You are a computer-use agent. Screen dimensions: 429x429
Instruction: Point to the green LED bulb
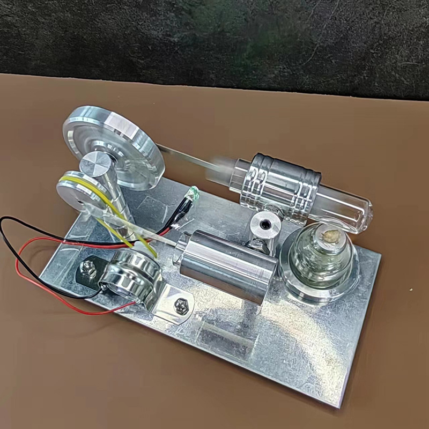(194, 191)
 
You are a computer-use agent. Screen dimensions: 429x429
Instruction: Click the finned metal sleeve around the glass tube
(282, 185)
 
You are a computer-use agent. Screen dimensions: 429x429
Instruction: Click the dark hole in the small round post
(265, 220)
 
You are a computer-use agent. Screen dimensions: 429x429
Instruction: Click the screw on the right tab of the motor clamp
(180, 306)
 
